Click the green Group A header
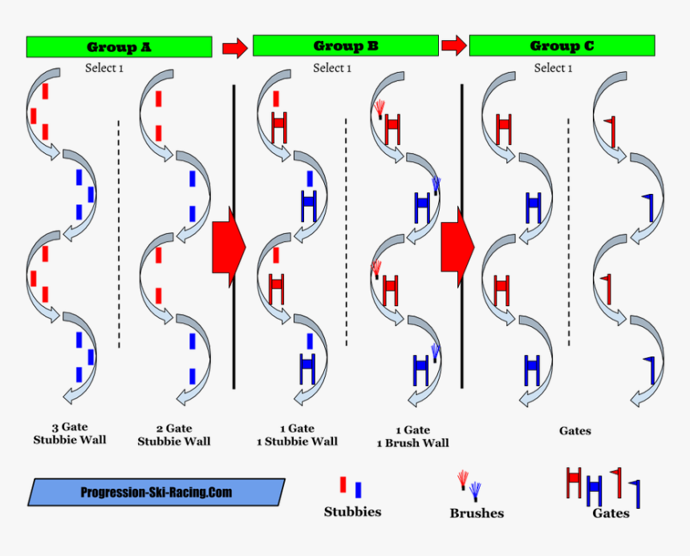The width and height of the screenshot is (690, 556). pos(119,46)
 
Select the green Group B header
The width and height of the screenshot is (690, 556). pos(345,46)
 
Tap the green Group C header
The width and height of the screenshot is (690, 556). pos(562,46)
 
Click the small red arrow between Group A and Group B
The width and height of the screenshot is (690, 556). pos(234,47)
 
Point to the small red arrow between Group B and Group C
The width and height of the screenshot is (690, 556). pos(453,46)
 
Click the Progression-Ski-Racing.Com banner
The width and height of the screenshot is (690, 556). pos(156,492)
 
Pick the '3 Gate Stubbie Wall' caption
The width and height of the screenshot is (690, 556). pos(70,434)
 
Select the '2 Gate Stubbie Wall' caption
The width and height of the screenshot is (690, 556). pos(174,435)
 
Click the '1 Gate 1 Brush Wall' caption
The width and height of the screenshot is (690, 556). pos(413,437)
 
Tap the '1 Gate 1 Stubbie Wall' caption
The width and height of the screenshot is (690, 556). pos(298,435)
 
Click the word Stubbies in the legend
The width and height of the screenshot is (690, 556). pos(352,511)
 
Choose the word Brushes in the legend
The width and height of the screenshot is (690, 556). pos(477,513)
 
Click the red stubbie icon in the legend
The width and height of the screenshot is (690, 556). pos(343,485)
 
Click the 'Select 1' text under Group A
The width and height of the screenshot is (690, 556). pos(104,68)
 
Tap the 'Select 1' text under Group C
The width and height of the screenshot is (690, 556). pos(554,68)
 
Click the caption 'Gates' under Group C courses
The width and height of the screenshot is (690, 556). pos(575,431)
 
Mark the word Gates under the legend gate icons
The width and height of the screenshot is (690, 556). pos(611,513)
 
